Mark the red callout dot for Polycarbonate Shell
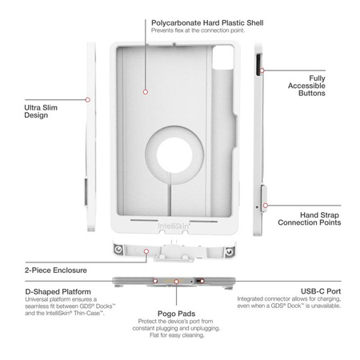[146, 92]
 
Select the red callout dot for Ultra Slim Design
[88, 99]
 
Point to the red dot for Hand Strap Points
[266, 204]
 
